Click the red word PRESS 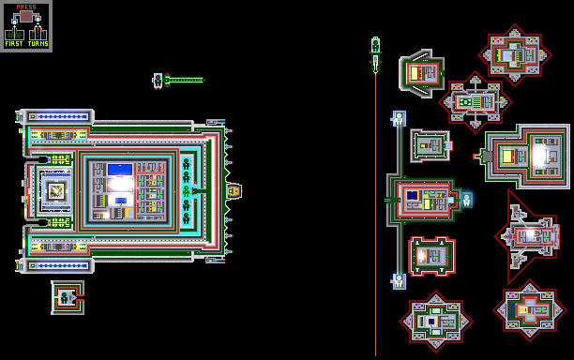coord(26,7)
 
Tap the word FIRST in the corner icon coord(14,43)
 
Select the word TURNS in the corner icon coord(38,43)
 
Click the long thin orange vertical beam coord(375,214)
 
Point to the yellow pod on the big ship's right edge coord(234,191)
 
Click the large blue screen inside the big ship coord(120,170)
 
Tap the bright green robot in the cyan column coord(187,191)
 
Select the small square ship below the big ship coord(68,297)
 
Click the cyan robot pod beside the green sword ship coord(158,81)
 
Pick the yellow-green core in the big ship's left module coord(56,190)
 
